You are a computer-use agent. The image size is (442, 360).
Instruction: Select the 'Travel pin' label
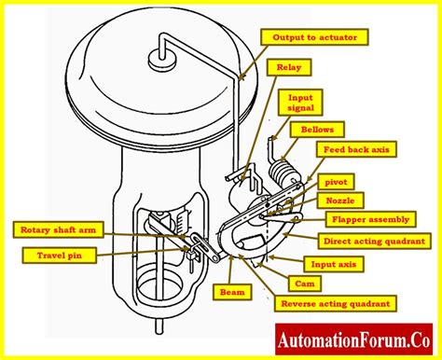click(x=57, y=252)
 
